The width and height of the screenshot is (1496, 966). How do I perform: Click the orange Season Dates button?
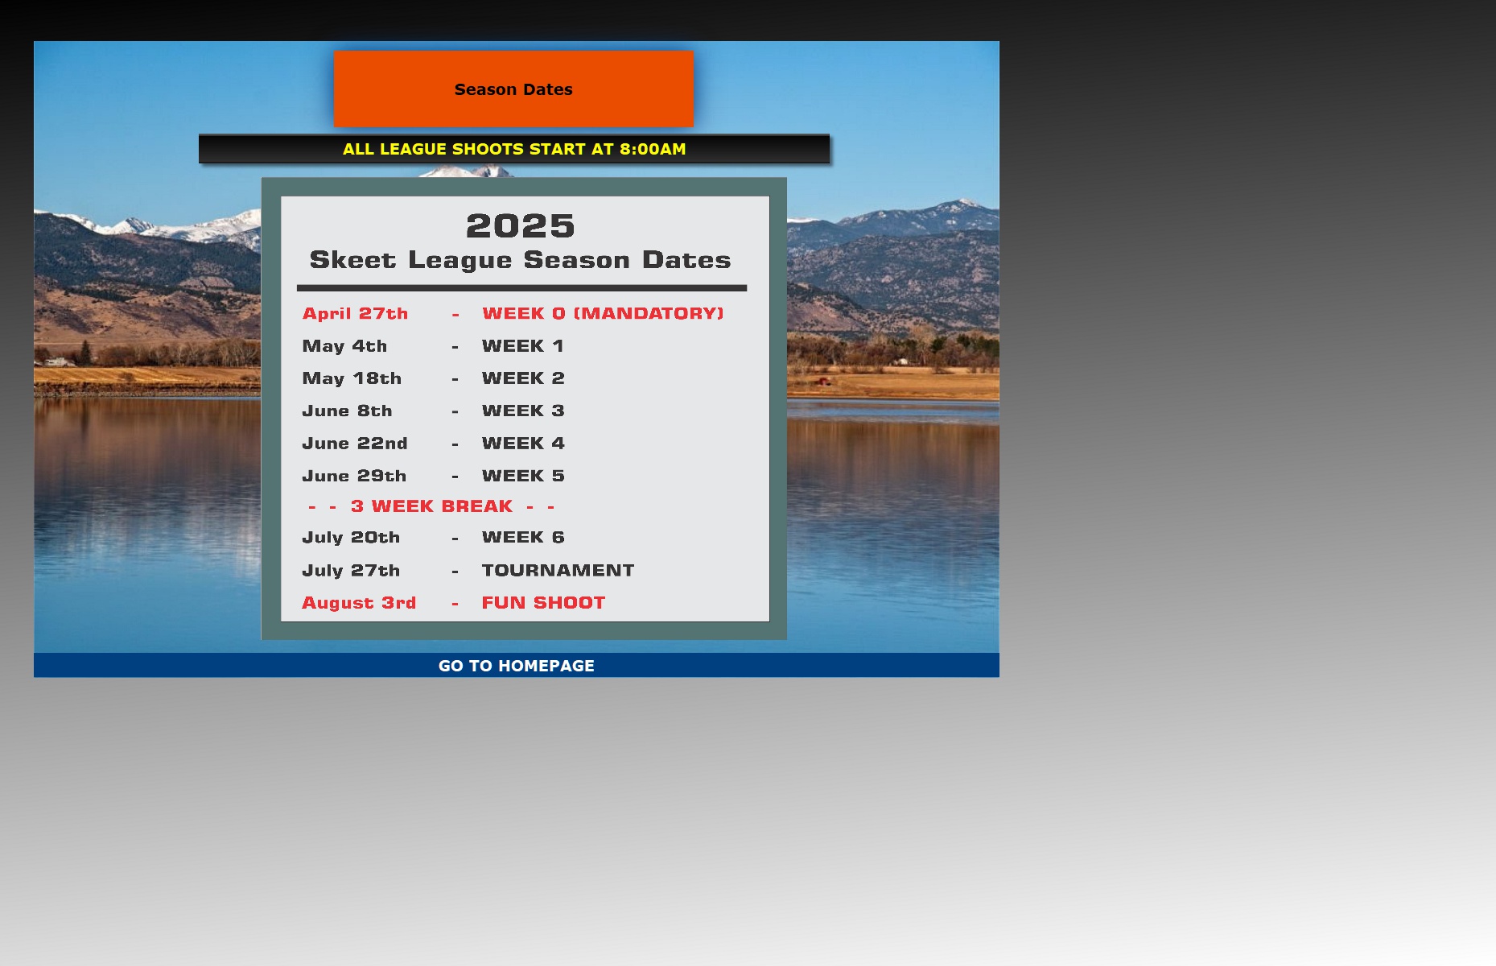(513, 89)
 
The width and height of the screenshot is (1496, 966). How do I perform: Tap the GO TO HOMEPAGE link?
(517, 666)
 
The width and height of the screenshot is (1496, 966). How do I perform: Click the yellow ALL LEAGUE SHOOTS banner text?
(514, 149)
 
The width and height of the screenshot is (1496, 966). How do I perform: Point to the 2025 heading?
(521, 225)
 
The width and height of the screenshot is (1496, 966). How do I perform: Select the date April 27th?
(355, 313)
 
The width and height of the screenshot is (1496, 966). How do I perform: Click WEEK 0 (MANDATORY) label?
(603, 313)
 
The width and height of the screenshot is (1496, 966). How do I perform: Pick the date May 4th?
(344, 346)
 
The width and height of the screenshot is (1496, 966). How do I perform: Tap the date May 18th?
(352, 378)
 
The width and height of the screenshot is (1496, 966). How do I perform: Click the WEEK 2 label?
(523, 378)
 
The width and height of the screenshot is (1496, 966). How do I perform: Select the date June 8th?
(347, 411)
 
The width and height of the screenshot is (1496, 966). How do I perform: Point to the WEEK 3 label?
(523, 411)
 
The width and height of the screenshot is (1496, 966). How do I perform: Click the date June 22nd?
(355, 444)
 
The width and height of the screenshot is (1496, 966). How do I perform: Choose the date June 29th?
(354, 476)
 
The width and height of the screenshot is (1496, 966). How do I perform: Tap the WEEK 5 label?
(523, 476)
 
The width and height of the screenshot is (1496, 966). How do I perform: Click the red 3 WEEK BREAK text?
(431, 506)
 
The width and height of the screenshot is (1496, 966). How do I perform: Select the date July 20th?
(351, 538)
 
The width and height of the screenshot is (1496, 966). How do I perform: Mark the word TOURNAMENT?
(558, 570)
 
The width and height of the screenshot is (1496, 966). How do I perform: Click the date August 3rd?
(359, 603)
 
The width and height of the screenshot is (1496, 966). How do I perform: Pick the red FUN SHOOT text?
(543, 603)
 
